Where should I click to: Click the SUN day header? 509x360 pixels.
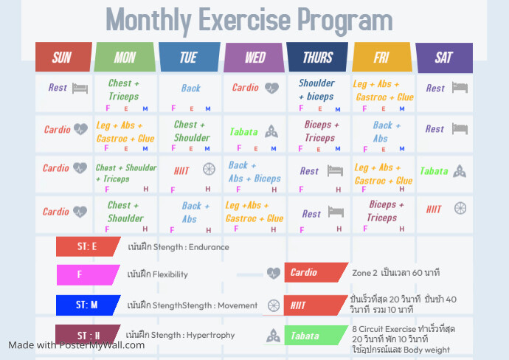[x=63, y=57]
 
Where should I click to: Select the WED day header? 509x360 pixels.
[x=254, y=57]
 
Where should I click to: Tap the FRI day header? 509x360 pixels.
[x=381, y=57]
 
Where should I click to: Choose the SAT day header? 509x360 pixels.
[x=443, y=57]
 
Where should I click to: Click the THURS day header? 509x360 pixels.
[x=318, y=57]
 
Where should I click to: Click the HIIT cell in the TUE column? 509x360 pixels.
[x=190, y=170]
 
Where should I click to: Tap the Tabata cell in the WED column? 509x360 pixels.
[x=253, y=132]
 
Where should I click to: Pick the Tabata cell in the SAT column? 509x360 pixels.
[x=443, y=171]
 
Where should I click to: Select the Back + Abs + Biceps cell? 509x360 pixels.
[x=254, y=173]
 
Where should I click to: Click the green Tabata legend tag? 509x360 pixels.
[x=314, y=336]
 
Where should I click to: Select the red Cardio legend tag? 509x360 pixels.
[x=314, y=272]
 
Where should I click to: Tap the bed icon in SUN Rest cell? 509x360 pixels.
[x=80, y=88]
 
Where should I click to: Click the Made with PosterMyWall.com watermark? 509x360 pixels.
[x=77, y=345]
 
